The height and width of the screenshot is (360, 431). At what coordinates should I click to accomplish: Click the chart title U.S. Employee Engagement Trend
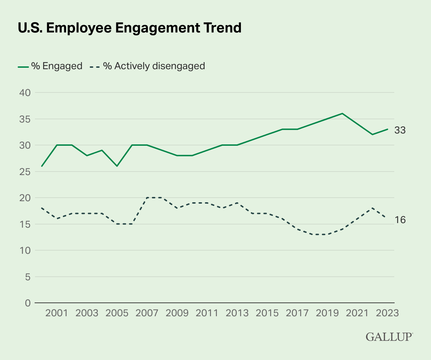pos(129,28)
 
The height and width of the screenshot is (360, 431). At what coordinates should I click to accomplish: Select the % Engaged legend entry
pos(50,66)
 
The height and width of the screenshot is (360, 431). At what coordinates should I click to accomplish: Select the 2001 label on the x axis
pos(57,313)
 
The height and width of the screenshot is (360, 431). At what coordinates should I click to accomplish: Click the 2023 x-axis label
pos(388,313)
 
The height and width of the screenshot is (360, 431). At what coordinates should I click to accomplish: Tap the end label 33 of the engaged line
pos(400,130)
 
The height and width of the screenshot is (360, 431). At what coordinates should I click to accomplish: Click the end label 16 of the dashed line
pos(400,220)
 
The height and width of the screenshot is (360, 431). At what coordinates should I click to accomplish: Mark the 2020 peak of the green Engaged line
pos(342,113)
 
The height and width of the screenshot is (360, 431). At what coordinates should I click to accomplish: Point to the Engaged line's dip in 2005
pos(117,166)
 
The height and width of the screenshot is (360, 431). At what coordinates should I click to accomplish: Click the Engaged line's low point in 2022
pos(372,134)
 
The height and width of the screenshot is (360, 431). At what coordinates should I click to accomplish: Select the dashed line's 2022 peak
pos(372,208)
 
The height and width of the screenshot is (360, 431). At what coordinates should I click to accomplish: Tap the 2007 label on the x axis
pos(147,313)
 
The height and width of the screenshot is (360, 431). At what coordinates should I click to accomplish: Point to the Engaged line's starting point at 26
pos(42,166)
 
